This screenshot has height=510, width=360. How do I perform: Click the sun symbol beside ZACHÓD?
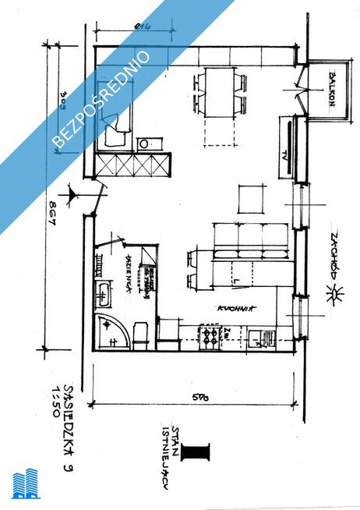[337, 294]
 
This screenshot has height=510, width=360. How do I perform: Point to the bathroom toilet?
[141, 333]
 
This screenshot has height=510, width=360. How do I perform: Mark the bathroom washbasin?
[103, 293]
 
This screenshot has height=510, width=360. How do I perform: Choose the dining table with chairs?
[220, 91]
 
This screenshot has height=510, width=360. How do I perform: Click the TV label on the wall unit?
[286, 153]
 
